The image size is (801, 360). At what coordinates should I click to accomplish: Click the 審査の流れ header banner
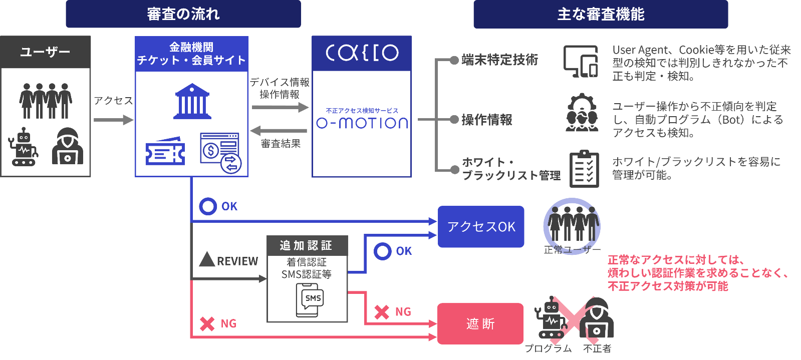click(183, 14)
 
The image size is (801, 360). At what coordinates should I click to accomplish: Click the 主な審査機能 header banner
click(601, 14)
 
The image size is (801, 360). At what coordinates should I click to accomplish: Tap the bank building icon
click(192, 102)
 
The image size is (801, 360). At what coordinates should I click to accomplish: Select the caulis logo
click(362, 53)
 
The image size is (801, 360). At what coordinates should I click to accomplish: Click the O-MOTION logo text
click(362, 123)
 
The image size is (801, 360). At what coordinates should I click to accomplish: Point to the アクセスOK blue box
click(481, 227)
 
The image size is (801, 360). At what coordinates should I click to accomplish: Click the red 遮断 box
click(480, 324)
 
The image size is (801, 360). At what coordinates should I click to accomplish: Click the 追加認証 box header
click(307, 245)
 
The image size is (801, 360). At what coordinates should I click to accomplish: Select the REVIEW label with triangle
click(229, 260)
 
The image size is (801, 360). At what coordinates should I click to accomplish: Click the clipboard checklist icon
click(584, 169)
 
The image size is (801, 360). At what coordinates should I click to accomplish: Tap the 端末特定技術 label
click(499, 60)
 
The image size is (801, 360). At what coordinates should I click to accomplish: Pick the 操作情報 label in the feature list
click(486, 120)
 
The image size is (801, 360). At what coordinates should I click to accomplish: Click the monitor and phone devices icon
click(581, 62)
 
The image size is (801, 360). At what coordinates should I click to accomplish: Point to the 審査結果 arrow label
click(281, 144)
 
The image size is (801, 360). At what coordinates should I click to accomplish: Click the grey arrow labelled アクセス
click(113, 120)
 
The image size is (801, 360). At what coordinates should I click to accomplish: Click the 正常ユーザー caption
click(572, 250)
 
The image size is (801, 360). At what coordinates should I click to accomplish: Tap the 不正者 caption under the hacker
click(597, 348)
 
